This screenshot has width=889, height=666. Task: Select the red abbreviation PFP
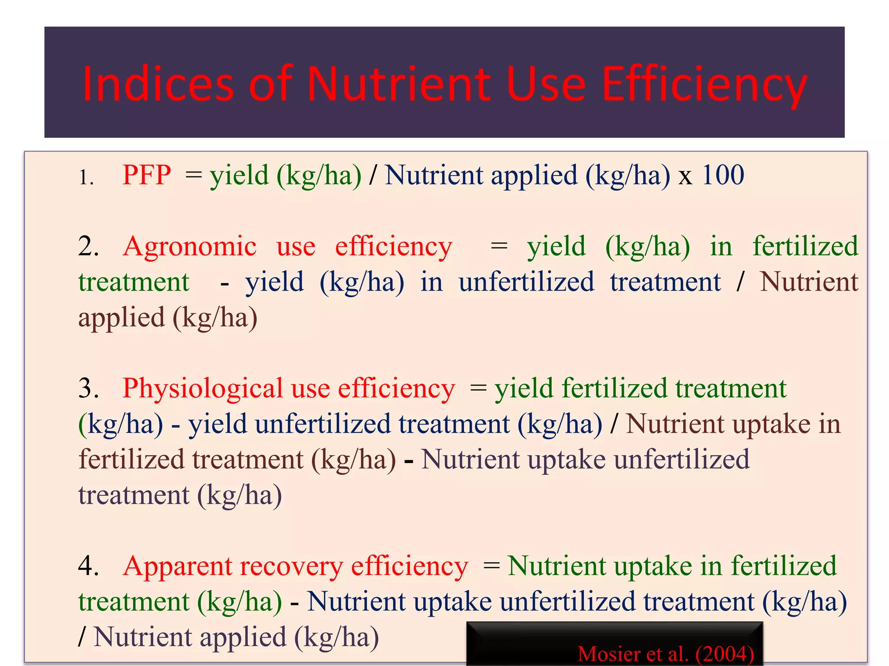point(147,175)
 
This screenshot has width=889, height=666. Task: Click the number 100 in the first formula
point(723,175)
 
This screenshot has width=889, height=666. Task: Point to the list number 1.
point(86,177)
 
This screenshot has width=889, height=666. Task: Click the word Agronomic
point(190,246)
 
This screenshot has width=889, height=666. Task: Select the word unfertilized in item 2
point(526,282)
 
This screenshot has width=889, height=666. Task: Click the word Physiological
point(203,388)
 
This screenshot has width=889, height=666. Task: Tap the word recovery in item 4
point(291,566)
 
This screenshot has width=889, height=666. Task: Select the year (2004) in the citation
point(724,654)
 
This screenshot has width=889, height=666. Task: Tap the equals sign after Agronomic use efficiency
point(499,246)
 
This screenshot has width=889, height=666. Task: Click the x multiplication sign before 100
point(685,177)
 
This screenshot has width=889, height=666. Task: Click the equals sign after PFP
point(194,175)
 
